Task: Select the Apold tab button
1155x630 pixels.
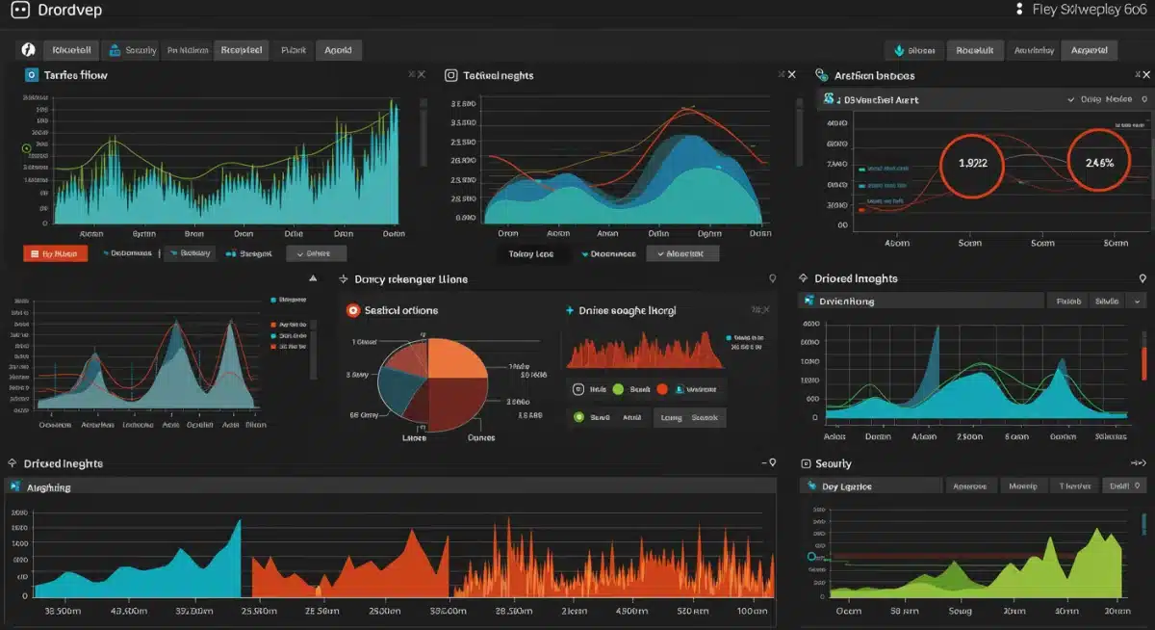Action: [x=338, y=50]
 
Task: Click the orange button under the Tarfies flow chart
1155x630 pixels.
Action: [x=55, y=253]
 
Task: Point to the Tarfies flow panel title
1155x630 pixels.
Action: [x=75, y=75]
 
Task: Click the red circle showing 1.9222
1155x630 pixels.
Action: [x=971, y=164]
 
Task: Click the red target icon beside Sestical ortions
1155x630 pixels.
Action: [x=353, y=310]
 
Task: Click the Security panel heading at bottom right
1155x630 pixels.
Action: [x=833, y=463]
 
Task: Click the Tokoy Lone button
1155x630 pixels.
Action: [x=530, y=253]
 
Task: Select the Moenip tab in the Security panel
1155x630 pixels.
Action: [x=1023, y=486]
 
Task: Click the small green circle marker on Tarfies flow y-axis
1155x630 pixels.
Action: [x=27, y=148]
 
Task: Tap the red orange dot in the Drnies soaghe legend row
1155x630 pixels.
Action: [x=661, y=389]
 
